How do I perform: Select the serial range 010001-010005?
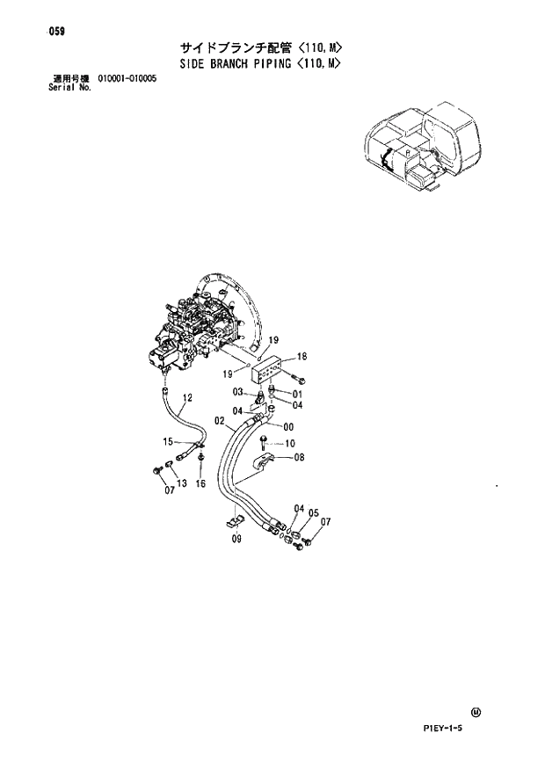point(127,78)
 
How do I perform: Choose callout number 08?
point(300,457)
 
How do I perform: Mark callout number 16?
point(200,483)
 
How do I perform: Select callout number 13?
point(182,483)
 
